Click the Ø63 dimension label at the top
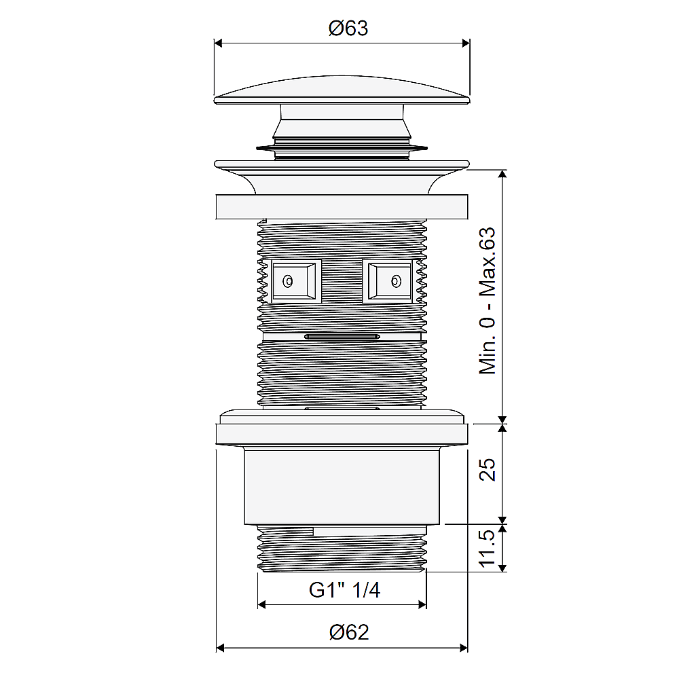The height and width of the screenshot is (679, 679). [348, 28]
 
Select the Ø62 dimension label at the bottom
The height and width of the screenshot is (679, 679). [349, 632]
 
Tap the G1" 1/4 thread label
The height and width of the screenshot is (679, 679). [345, 590]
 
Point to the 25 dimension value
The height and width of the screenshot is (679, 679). [487, 469]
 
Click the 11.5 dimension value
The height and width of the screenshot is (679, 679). [487, 548]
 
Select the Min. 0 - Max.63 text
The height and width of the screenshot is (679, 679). [487, 301]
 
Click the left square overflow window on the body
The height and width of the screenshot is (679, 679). [297, 281]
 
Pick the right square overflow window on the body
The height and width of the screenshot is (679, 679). [388, 281]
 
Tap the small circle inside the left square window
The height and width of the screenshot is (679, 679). [288, 282]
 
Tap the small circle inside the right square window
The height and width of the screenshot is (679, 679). [396, 282]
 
